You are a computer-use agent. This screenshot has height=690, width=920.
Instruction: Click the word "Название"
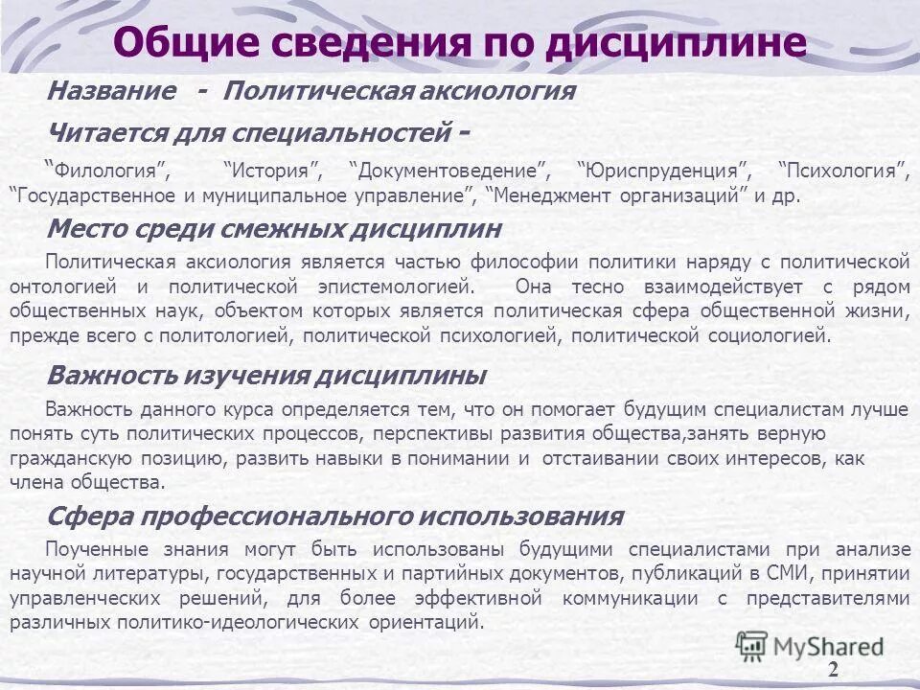coord(112,92)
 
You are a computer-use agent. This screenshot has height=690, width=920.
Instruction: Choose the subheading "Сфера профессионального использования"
coord(334,517)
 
